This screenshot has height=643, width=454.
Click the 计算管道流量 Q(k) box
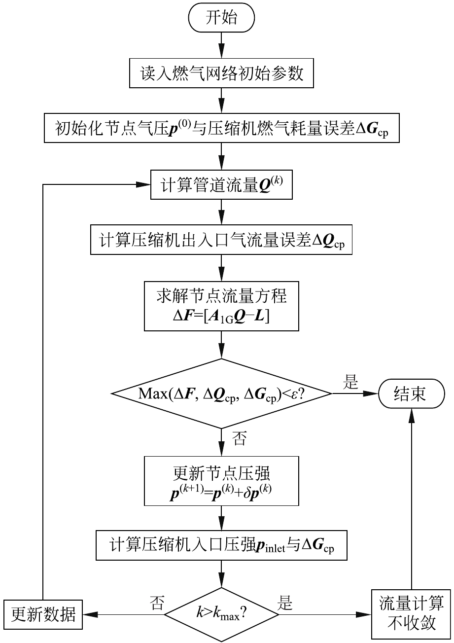click(x=221, y=185)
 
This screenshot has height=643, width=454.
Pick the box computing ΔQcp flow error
click(x=221, y=240)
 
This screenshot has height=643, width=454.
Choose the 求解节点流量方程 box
click(x=221, y=306)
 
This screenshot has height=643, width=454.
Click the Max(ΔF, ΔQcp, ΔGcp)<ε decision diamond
click(x=221, y=393)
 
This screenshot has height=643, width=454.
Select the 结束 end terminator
click(x=410, y=393)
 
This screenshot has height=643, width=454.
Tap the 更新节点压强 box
click(x=221, y=481)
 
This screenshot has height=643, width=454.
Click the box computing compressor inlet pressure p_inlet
click(x=221, y=546)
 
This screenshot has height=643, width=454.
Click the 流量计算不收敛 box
click(x=411, y=613)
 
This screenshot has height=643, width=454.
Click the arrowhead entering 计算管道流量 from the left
click(x=143, y=185)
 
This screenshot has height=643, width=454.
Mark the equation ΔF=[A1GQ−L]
click(x=221, y=316)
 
